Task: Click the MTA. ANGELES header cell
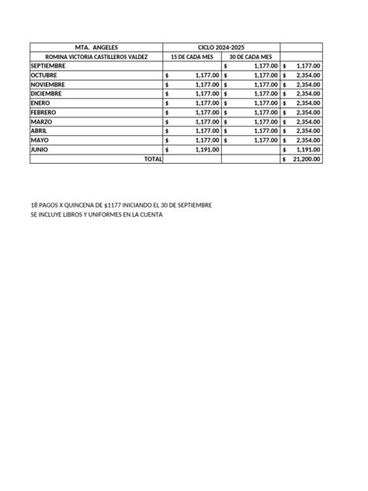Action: pyautogui.click(x=97, y=47)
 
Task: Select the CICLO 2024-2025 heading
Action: pyautogui.click(x=220, y=47)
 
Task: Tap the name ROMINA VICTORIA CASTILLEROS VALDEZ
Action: pyautogui.click(x=96, y=57)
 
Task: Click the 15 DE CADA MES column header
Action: pyautogui.click(x=192, y=57)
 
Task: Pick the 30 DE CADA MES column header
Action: pyautogui.click(x=250, y=57)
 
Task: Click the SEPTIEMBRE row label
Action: pyautogui.click(x=48, y=66)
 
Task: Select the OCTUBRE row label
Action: pyautogui.click(x=43, y=75)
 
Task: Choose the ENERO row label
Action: pyautogui.click(x=40, y=103)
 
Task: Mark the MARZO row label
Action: pyautogui.click(x=41, y=122)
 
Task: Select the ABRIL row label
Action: pyautogui.click(x=39, y=131)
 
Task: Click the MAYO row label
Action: pyautogui.click(x=39, y=141)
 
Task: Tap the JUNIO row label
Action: pyautogui.click(x=40, y=149)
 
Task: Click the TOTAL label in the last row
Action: pyautogui.click(x=154, y=158)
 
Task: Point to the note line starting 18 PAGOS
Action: pyautogui.click(x=120, y=204)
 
